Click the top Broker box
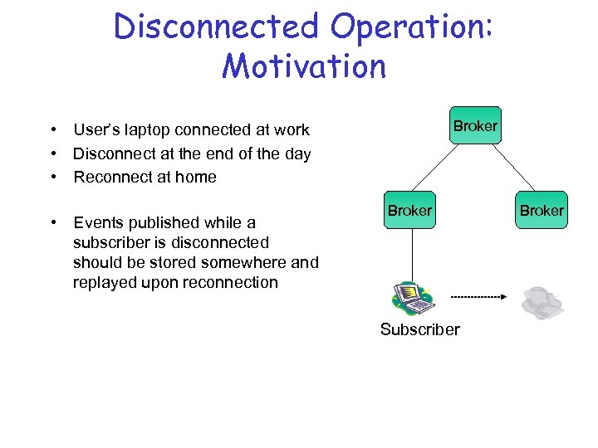pyautogui.click(x=475, y=126)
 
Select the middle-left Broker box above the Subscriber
pyautogui.click(x=409, y=211)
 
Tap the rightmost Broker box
pyautogui.click(x=542, y=211)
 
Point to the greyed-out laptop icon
pyautogui.click(x=542, y=303)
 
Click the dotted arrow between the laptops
pyautogui.click(x=478, y=296)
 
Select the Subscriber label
pyautogui.click(x=419, y=329)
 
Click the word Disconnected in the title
pyautogui.click(x=218, y=27)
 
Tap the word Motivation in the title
pyautogui.click(x=304, y=66)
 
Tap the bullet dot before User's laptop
pyautogui.click(x=52, y=130)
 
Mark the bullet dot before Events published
pyautogui.click(x=52, y=222)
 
